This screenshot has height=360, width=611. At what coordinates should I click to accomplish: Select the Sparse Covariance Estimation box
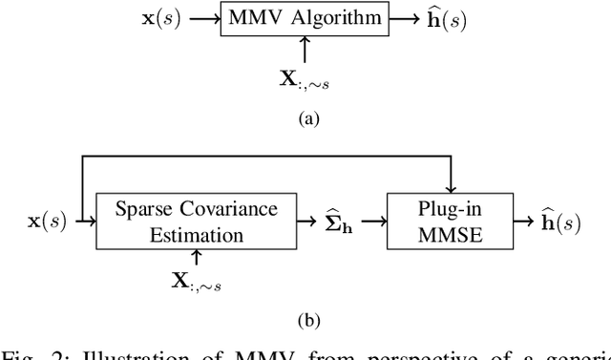point(197,222)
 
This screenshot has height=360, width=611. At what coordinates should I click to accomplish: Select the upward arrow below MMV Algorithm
point(303,50)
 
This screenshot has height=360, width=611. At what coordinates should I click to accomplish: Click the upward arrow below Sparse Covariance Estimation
point(197,256)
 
